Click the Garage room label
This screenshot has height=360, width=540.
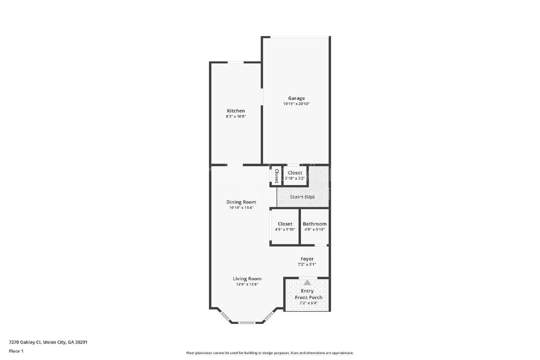pos(296,98)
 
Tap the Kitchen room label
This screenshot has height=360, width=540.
pos(236,111)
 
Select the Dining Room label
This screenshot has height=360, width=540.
pos(241,202)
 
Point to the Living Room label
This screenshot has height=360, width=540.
pos(247,279)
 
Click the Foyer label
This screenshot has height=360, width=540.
pos(307,259)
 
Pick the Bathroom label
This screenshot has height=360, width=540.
pos(315,224)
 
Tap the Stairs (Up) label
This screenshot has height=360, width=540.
pos(302,197)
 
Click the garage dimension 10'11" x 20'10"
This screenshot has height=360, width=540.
pos(296,104)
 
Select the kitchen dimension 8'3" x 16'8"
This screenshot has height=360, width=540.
pos(236,116)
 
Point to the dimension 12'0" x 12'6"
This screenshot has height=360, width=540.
pos(247,284)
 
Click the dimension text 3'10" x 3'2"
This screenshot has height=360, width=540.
pos(295,178)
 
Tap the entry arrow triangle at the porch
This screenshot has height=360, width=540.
pos(307,282)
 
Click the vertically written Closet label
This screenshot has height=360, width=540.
pos(276,176)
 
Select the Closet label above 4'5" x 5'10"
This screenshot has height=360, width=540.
pos(285,224)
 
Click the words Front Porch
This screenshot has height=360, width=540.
pos(308,297)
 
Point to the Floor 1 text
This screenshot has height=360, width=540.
pos(16,351)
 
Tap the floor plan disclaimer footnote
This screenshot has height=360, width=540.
pos(270,353)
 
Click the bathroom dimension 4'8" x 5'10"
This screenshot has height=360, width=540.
pos(315,229)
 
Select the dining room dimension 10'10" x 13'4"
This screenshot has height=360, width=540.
pos(241,208)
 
